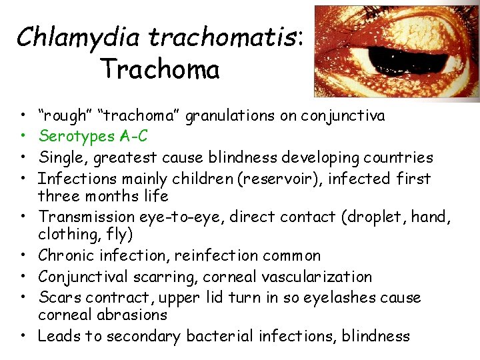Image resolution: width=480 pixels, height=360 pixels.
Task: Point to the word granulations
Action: click(232, 116)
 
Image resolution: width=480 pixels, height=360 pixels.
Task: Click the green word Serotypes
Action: click(75, 137)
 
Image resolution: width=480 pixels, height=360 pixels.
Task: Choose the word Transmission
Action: click(85, 217)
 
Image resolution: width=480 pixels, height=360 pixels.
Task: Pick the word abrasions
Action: click(132, 315)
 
